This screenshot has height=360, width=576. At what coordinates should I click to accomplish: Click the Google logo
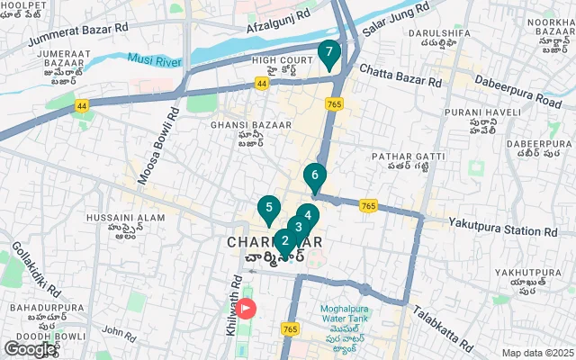tap(31, 348)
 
